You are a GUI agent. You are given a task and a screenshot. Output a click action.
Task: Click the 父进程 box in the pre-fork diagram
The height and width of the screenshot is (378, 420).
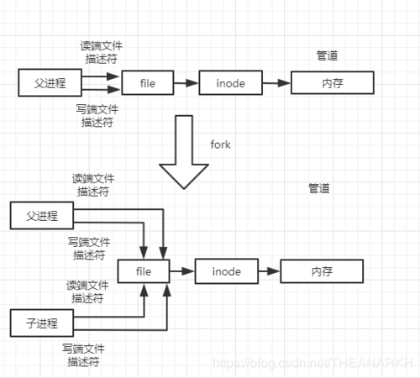(x=45, y=82)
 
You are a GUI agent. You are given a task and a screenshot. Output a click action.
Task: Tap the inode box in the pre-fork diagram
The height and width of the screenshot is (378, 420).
(x=230, y=83)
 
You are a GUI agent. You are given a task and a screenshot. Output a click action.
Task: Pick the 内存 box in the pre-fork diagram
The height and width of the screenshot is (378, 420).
(x=330, y=83)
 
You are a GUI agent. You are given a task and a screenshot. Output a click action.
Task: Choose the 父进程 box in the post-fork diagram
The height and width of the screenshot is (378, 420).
(x=41, y=217)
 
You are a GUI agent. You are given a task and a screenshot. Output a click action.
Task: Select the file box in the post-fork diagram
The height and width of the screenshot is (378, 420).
(x=144, y=271)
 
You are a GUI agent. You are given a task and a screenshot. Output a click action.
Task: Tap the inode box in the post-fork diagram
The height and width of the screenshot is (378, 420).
(x=226, y=271)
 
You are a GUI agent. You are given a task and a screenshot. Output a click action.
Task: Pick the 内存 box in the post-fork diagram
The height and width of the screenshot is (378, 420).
(x=321, y=271)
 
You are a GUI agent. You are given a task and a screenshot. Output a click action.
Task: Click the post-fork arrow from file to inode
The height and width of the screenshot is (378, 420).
(x=182, y=271)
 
